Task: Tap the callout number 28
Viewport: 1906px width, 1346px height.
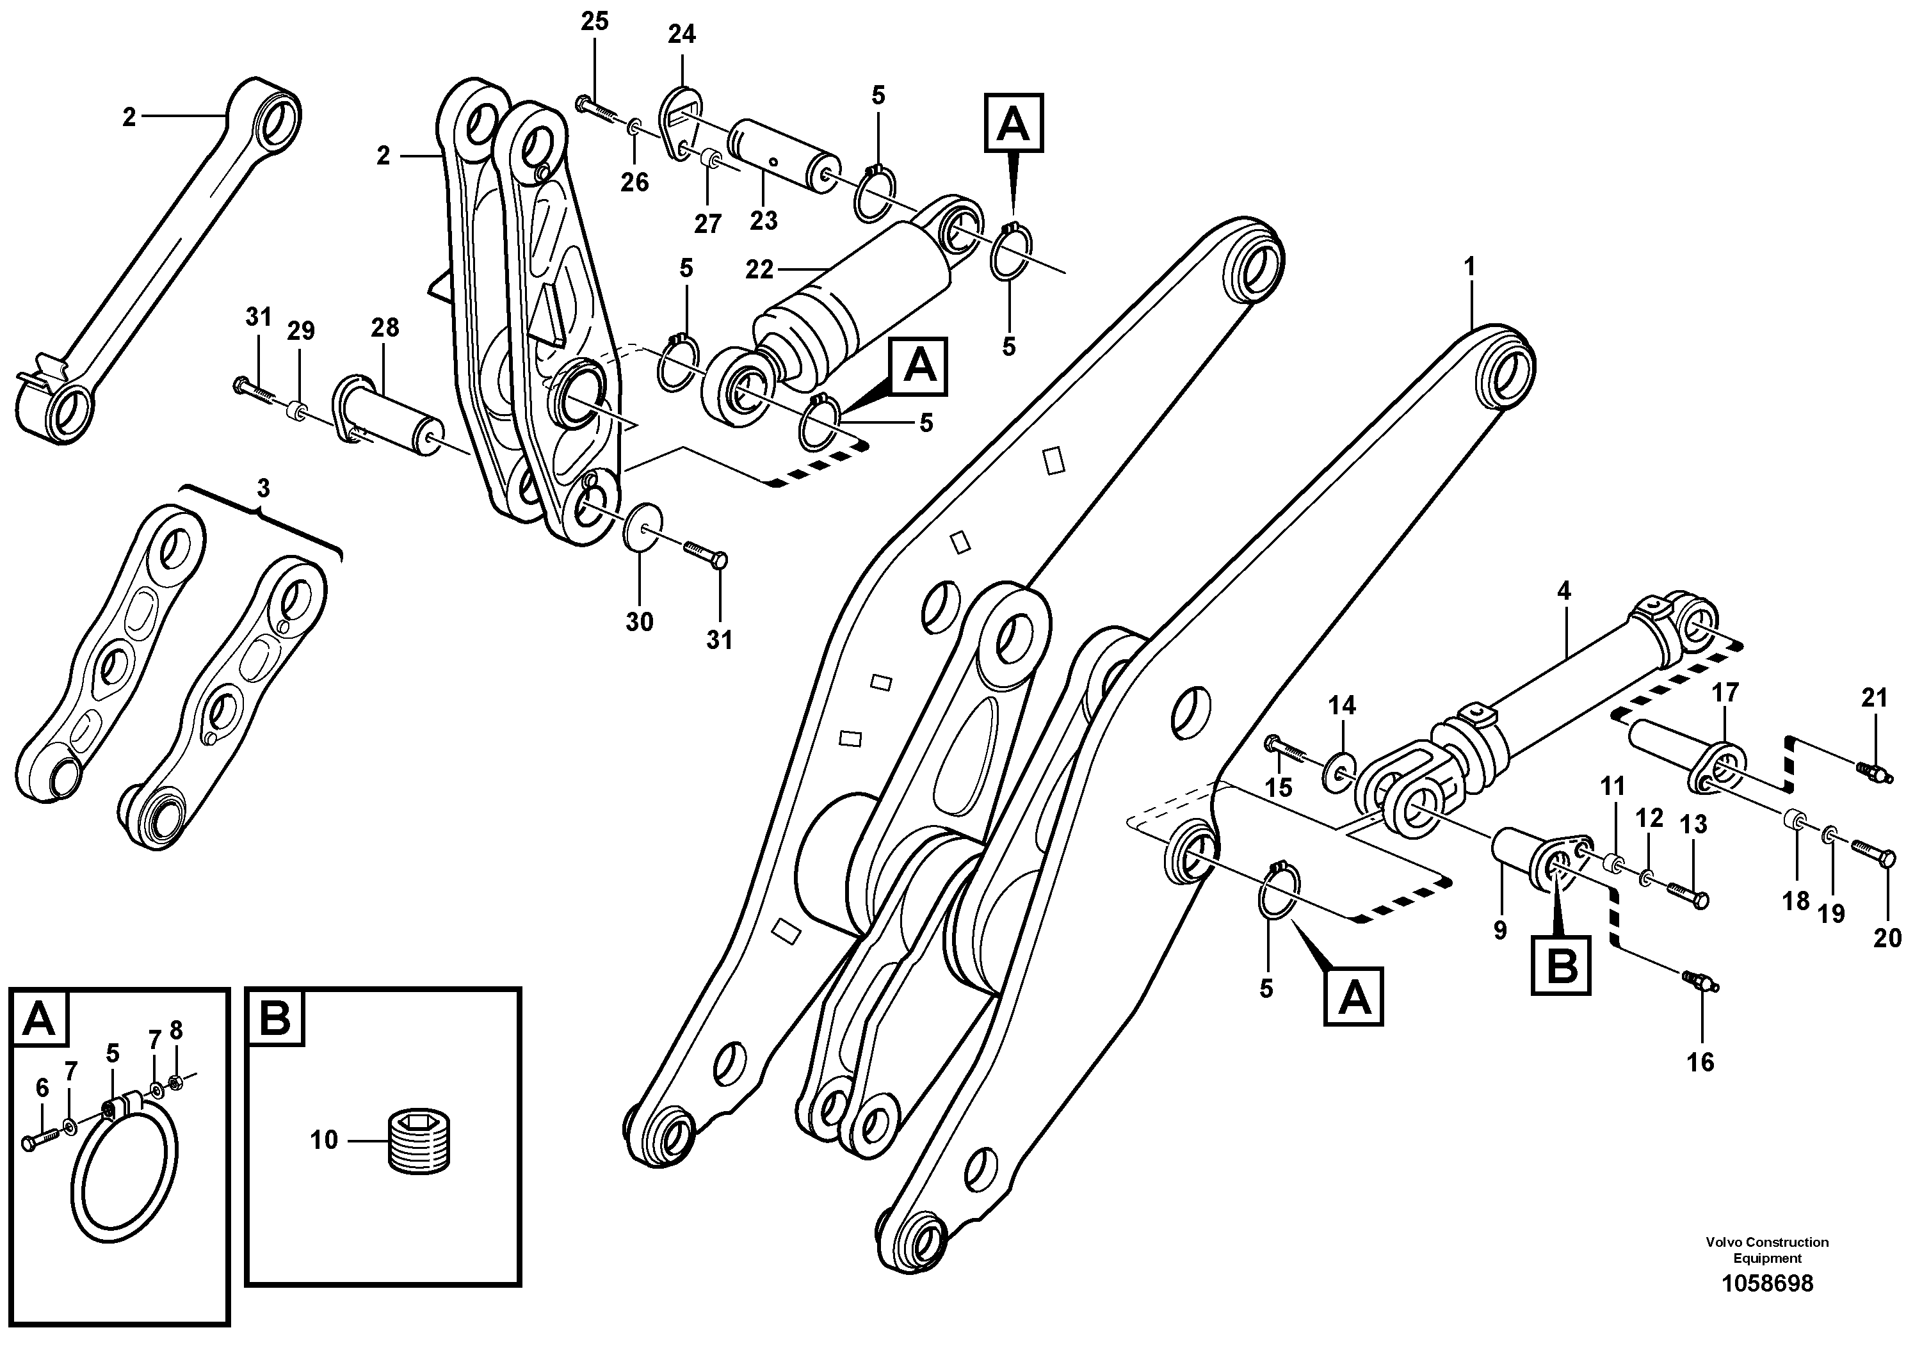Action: [x=384, y=328]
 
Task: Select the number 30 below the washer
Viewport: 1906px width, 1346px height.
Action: [x=639, y=621]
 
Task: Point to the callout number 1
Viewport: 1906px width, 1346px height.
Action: [x=1469, y=267]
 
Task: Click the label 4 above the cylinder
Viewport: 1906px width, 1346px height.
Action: [x=1564, y=591]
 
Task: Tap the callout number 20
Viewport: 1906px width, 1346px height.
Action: [x=1887, y=938]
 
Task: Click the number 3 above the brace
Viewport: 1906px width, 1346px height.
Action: [x=263, y=489]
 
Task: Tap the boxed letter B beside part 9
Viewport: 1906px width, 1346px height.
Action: [x=1562, y=965]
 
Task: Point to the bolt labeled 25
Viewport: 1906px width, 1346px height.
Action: [x=596, y=109]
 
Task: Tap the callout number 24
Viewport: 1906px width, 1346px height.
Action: [x=682, y=34]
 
